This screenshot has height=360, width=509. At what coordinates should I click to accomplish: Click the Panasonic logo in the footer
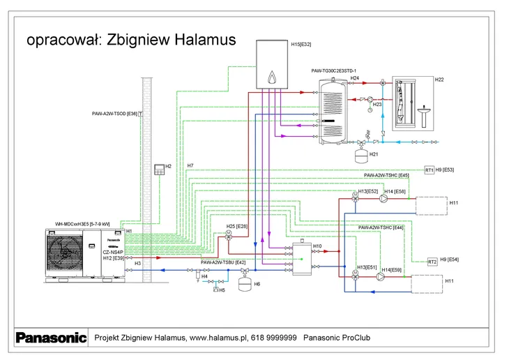tap(51, 338)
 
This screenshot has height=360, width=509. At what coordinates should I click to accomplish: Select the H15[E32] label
tap(301, 44)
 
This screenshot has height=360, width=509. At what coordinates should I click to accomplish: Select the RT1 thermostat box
tap(430, 170)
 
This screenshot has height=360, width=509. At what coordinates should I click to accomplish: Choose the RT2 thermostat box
tap(432, 262)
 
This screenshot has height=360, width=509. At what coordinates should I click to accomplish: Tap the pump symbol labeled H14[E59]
tap(381, 276)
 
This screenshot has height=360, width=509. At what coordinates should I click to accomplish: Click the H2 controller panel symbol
tap(159, 167)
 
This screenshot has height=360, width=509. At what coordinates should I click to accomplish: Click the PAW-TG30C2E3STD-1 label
tap(334, 71)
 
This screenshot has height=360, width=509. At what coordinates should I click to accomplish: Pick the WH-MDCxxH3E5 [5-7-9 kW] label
tap(82, 224)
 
